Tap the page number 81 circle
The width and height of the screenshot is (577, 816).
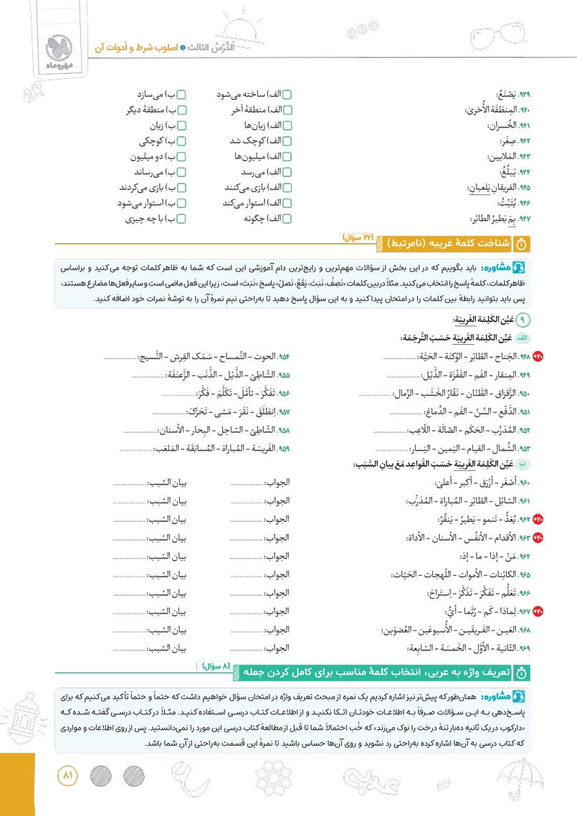70,777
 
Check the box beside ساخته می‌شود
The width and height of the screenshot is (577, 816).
287,95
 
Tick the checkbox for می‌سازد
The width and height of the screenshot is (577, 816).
181,95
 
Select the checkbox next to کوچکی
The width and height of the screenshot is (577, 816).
181,141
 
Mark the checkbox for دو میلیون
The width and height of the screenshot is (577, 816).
181,157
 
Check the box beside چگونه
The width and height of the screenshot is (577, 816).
287,219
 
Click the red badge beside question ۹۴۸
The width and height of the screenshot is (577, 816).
538,356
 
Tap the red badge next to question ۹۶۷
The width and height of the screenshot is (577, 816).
538,612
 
